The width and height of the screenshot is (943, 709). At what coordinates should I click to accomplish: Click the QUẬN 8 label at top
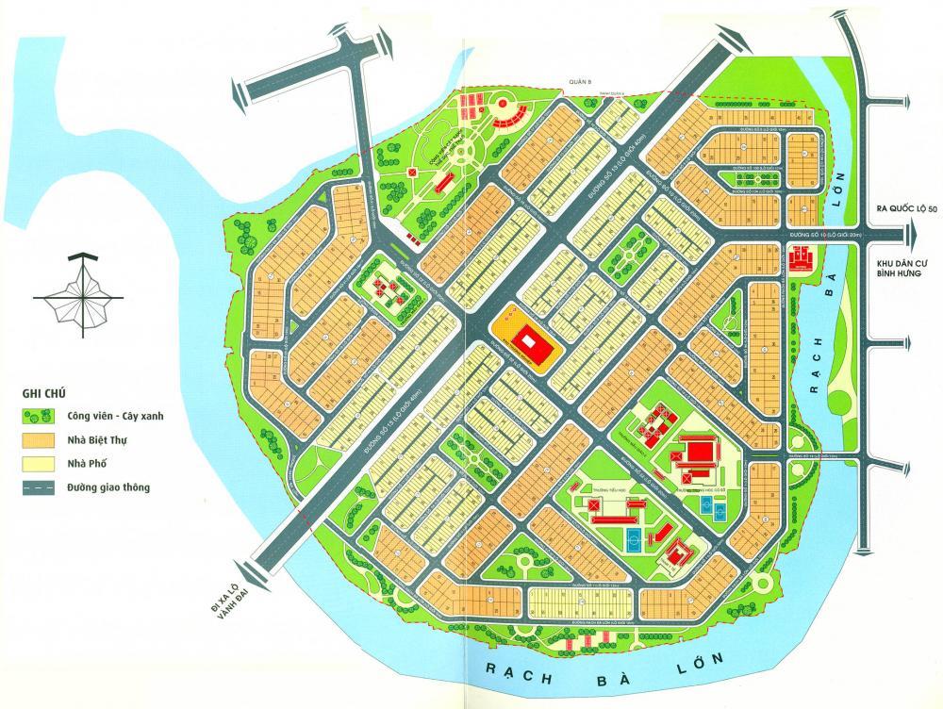tap(577, 82)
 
